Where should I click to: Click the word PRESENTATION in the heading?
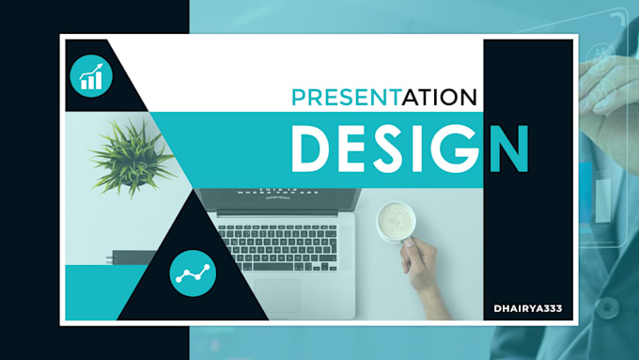pyautogui.click(x=383, y=97)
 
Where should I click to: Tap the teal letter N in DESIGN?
pyautogui.click(x=507, y=149)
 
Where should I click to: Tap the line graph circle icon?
pyautogui.click(x=194, y=274)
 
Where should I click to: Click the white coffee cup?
pyautogui.click(x=396, y=223)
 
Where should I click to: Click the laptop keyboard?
pyautogui.click(x=277, y=243)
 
